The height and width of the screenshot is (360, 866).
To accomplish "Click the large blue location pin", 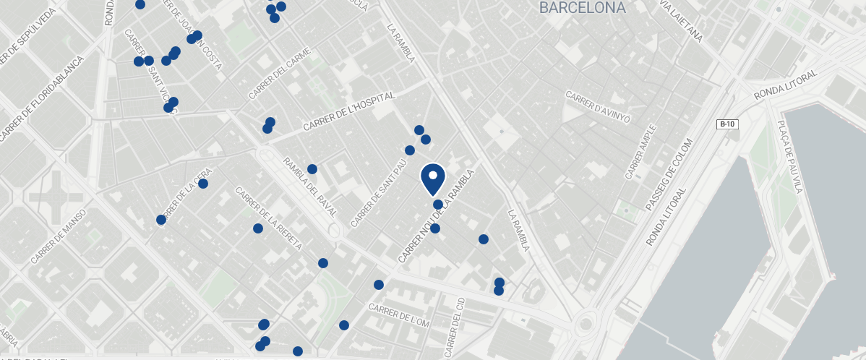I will click(432, 178).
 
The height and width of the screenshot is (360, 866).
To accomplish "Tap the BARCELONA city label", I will click(582, 8).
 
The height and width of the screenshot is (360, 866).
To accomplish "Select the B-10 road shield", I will click(726, 124).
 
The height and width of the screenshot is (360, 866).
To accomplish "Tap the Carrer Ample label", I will click(642, 152).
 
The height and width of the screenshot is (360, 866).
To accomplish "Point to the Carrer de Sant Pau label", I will click(378, 191).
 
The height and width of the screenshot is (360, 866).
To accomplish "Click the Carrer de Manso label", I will click(59, 236).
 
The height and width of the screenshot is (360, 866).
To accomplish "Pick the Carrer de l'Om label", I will click(399, 316).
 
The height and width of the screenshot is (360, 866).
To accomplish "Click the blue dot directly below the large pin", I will click(437, 205).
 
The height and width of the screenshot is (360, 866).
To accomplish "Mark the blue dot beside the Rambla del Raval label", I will click(312, 169).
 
